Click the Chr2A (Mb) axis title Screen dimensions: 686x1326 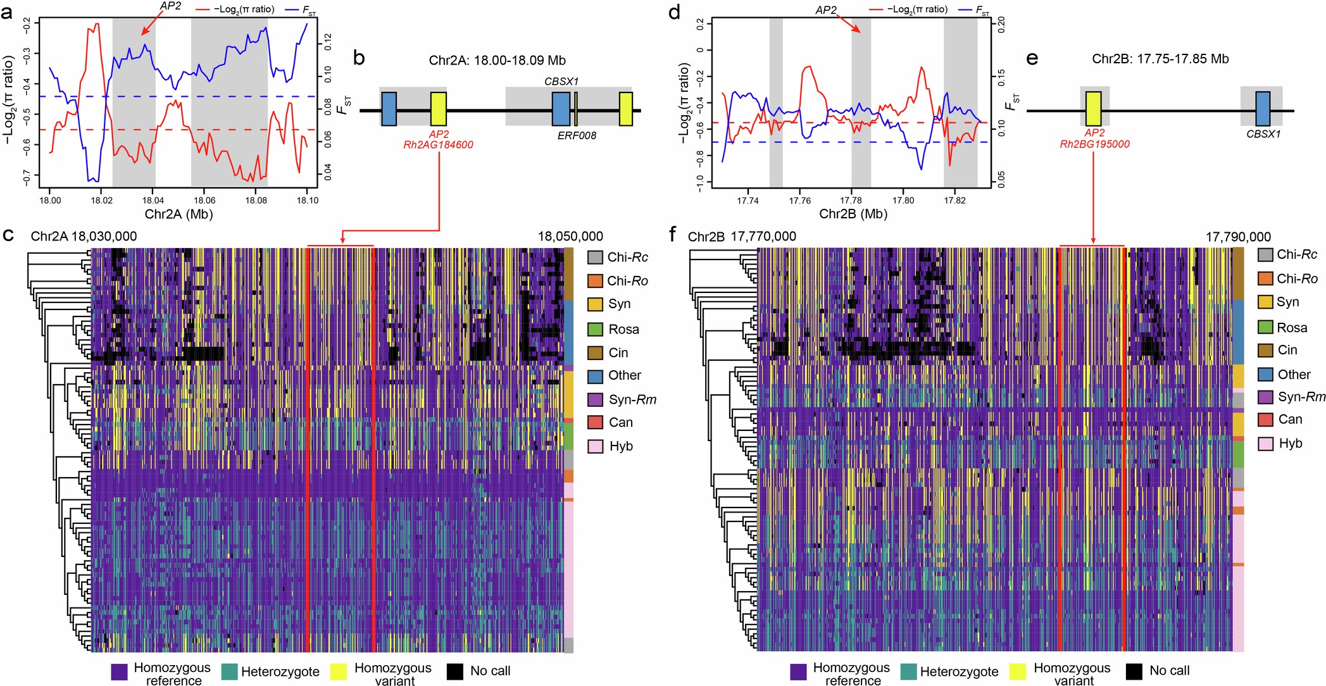tap(178, 214)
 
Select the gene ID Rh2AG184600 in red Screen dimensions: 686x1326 tap(438, 145)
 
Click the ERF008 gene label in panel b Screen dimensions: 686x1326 tap(577, 135)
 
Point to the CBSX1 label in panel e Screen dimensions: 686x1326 tap(1263, 134)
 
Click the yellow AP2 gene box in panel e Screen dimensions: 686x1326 tap(1093, 109)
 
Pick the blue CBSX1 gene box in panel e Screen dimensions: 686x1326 tap(1262, 109)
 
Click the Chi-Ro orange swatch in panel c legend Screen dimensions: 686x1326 tap(594, 280)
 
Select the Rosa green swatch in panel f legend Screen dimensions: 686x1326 tap(1265, 327)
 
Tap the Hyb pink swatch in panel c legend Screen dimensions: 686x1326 tap(594, 446)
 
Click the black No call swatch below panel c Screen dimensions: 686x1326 tap(454, 671)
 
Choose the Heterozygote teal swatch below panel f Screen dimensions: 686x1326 tap(908, 671)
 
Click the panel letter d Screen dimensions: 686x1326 tap(675, 12)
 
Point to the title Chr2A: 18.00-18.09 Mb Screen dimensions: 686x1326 tap(497, 61)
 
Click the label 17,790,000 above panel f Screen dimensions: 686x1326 tap(1237, 237)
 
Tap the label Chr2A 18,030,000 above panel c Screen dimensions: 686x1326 tap(84, 237)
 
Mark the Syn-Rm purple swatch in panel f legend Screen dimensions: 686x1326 tap(1265, 397)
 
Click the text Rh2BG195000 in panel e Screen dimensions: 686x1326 tap(1094, 144)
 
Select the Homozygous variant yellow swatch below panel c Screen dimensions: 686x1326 tap(339, 671)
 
